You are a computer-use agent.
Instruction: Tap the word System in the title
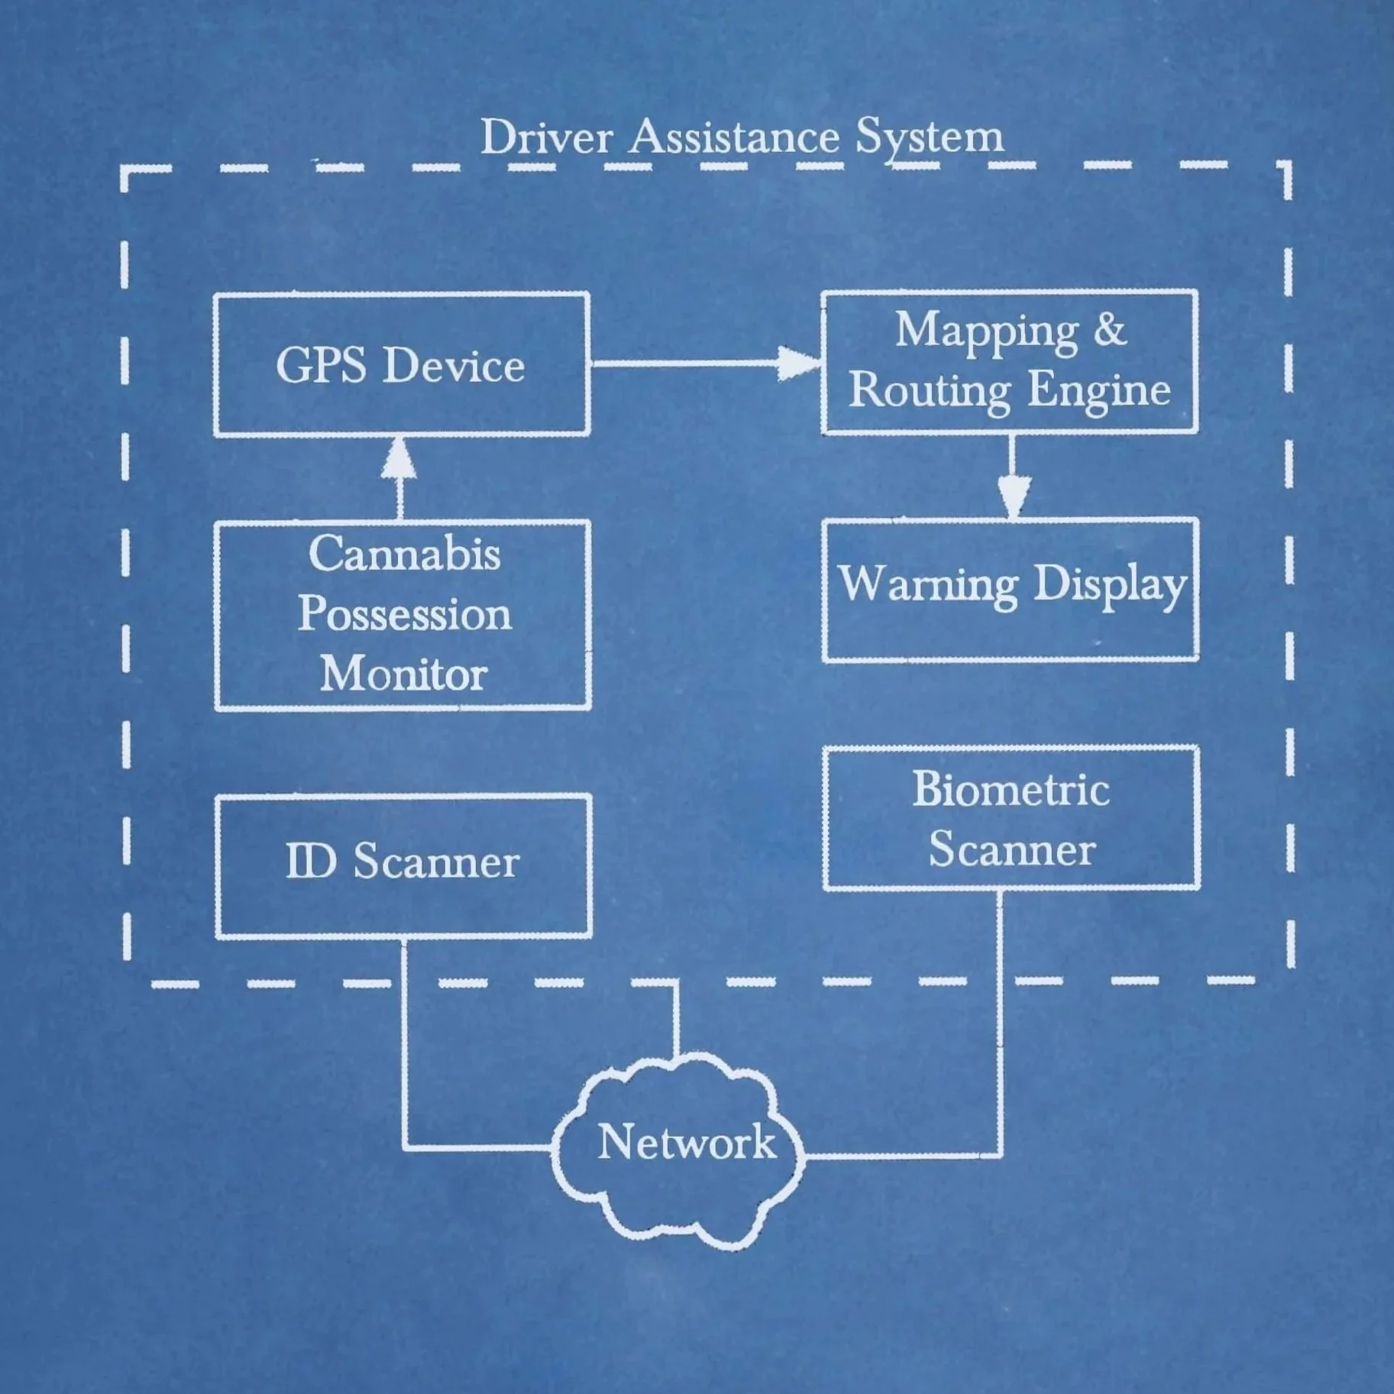(x=929, y=138)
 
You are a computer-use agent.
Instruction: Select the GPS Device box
(x=401, y=364)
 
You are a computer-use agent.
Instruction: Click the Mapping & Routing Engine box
(x=1009, y=361)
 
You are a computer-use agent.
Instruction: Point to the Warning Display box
(x=1010, y=589)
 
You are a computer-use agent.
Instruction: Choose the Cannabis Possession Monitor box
(x=403, y=615)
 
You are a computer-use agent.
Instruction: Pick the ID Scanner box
(x=403, y=865)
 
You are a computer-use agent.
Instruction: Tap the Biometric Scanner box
(x=1011, y=818)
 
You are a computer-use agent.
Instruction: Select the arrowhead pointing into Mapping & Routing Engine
(x=798, y=363)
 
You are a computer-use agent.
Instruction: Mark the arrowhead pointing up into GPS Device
(x=399, y=459)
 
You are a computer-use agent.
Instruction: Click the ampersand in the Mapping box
(x=1109, y=330)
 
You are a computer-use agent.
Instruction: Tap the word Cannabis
(x=404, y=554)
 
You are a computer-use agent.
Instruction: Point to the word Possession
(x=404, y=614)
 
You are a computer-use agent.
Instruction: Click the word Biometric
(x=1011, y=789)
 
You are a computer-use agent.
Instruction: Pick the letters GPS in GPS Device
(x=321, y=365)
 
